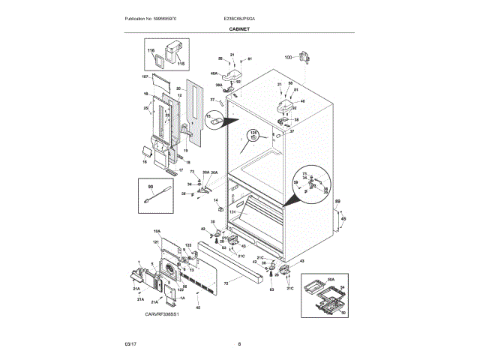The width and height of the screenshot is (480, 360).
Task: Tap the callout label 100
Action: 288,58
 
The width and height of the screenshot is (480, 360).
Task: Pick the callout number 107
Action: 145,76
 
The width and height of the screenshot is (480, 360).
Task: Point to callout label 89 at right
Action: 337,202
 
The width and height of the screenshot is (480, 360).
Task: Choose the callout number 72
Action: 225,283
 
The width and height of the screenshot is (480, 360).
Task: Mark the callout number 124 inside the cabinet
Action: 232,213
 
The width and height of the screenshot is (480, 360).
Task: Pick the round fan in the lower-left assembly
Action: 169,270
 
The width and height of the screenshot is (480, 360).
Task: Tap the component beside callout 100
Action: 304,56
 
